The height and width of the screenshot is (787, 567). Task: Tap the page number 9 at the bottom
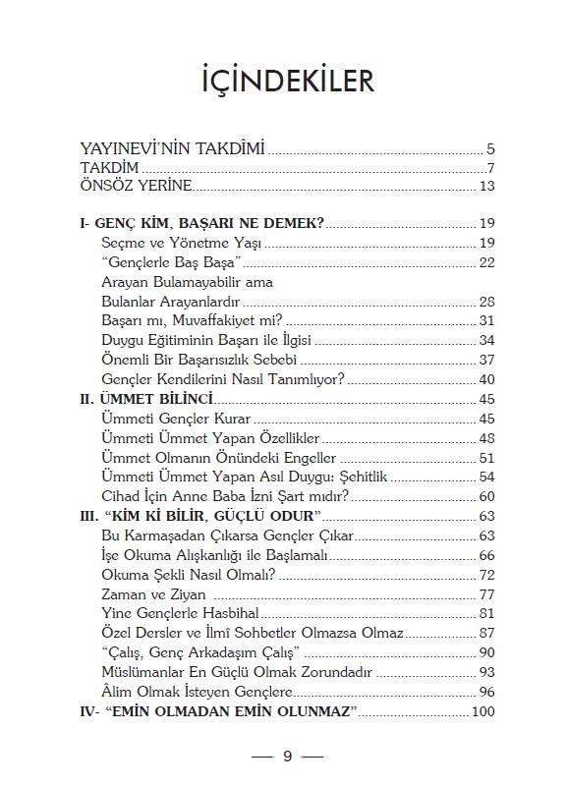point(287,756)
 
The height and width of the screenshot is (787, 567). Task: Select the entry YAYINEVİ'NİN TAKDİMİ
point(173,149)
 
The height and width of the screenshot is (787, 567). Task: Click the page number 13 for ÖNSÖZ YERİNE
point(486,187)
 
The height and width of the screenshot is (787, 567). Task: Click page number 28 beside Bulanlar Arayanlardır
point(486,301)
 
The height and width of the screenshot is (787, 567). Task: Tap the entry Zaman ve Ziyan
point(153,594)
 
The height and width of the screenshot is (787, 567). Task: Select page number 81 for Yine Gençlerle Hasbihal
point(486,614)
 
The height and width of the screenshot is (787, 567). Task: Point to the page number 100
point(482,710)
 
